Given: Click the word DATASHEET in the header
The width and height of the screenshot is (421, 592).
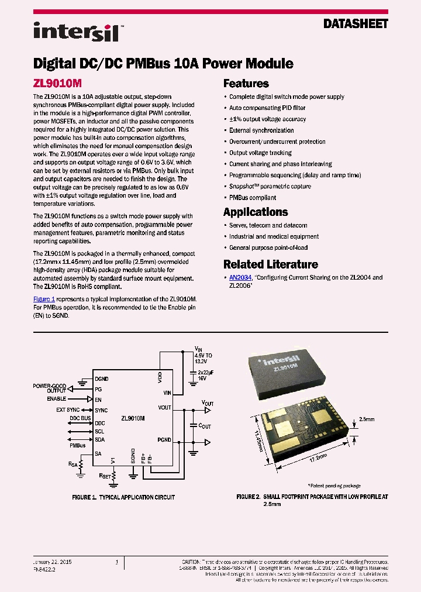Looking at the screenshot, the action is (356, 24).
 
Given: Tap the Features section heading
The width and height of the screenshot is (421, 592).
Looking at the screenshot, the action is (246, 83).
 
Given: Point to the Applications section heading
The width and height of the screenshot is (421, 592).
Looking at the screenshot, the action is (256, 212).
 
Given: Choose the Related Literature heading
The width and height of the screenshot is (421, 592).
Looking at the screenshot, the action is (271, 264).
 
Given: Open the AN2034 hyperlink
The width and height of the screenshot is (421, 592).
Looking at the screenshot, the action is (240, 277).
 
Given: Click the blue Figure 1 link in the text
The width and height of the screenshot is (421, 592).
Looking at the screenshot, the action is (44, 299).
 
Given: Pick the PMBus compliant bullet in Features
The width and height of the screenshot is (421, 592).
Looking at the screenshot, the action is (253, 198).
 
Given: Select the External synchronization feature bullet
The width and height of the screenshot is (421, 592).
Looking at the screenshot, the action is (261, 130).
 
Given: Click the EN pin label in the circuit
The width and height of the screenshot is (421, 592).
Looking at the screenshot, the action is (98, 400).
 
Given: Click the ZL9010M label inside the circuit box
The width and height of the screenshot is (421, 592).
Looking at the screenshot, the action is (133, 419).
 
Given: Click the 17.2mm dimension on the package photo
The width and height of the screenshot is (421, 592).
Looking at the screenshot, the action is (318, 458).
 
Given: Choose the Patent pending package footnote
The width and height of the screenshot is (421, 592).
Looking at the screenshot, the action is (334, 486).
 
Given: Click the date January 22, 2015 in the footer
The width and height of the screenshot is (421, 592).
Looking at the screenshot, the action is (50, 562).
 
